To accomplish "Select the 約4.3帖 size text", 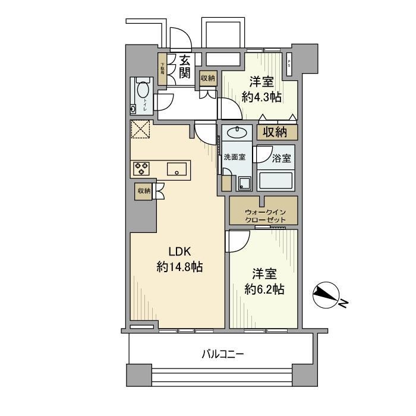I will tap(262, 97).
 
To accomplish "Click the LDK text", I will tap(179, 250).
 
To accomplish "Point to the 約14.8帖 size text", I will tap(179, 267).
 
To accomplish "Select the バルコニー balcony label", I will tap(222, 355).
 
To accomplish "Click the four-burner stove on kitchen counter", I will tap(142, 169).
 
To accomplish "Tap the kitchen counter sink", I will tap(177, 169).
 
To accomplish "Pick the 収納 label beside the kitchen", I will tap(144, 191).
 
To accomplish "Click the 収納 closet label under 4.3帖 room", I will tap(277, 131).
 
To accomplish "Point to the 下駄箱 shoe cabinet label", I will tap(162, 67).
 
